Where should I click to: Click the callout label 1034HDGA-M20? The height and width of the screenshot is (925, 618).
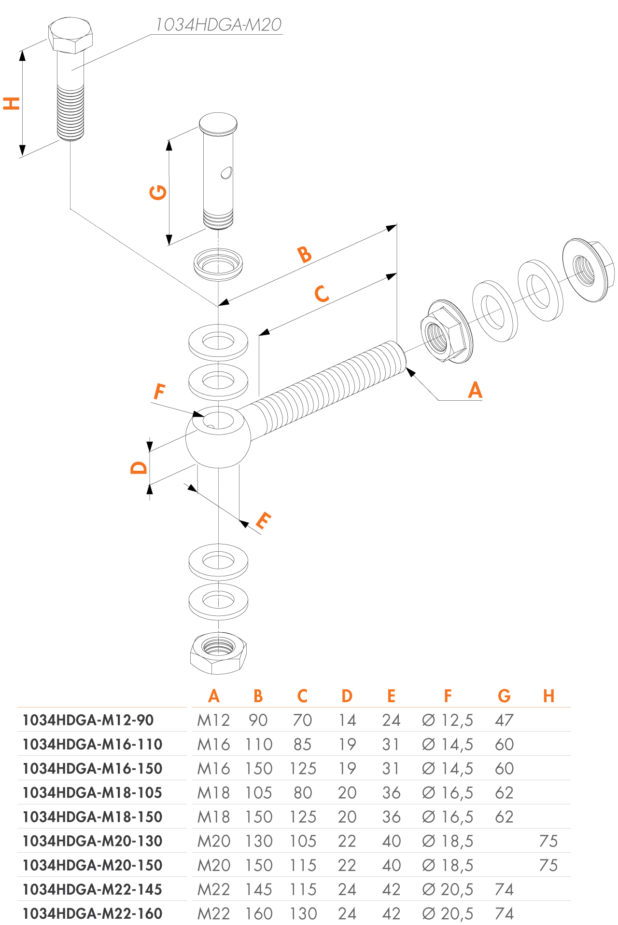tap(218, 25)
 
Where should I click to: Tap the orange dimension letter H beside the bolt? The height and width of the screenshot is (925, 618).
tap(12, 103)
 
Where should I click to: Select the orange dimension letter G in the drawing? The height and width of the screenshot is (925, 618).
tap(158, 192)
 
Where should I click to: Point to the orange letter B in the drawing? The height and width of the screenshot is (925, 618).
tap(305, 254)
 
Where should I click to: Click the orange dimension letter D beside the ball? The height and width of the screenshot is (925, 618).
tap(139, 467)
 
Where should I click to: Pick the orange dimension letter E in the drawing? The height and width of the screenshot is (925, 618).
tap(263, 520)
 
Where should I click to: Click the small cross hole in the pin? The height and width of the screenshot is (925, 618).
tap(226, 172)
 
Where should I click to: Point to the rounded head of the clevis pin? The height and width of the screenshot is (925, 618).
tap(218, 124)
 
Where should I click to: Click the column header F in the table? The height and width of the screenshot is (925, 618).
tap(448, 696)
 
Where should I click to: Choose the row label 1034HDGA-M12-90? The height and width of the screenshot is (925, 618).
tap(88, 720)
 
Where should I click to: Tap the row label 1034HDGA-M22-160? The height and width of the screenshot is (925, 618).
tap(93, 913)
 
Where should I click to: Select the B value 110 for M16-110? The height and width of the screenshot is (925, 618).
tap(259, 744)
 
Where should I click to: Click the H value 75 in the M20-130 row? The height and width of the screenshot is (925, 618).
tap(548, 841)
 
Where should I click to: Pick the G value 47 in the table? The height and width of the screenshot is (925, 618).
tap(504, 720)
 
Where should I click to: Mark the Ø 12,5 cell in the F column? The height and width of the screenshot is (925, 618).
tap(448, 720)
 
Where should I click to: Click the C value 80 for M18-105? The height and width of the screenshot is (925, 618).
tap(303, 793)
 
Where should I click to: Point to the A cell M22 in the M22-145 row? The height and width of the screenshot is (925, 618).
tap(214, 889)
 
